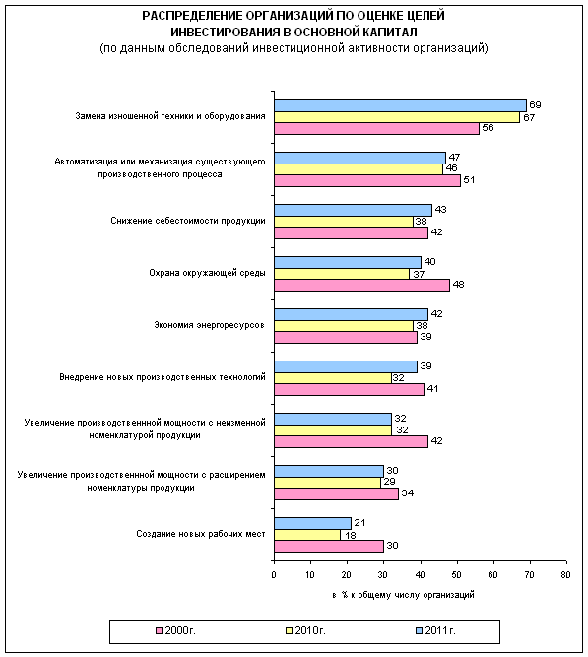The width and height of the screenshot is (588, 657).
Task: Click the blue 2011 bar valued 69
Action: [x=400, y=105]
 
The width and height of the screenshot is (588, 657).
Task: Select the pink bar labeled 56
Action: [x=377, y=129]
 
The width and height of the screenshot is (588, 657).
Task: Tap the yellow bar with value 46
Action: [x=359, y=169]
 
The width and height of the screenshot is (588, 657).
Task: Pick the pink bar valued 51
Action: [x=367, y=180]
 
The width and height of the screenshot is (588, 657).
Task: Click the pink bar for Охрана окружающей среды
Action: [x=362, y=285]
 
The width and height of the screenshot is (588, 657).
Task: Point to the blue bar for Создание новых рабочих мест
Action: [x=312, y=523]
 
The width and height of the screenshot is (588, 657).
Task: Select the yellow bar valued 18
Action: [x=307, y=535]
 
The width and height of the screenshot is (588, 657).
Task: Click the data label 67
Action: [x=529, y=117]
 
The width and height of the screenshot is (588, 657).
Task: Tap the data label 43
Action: [x=440, y=209]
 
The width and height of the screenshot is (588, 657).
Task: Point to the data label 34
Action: [x=408, y=493]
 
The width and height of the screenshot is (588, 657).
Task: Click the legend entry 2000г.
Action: [x=175, y=630]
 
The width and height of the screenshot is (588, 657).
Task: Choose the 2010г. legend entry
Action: [x=305, y=630]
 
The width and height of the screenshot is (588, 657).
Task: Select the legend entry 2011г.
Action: [x=435, y=630]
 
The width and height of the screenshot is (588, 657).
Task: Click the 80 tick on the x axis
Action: [x=565, y=575]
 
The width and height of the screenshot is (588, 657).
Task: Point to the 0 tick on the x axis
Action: [x=274, y=575]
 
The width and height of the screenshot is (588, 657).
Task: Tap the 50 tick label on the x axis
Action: [x=456, y=575]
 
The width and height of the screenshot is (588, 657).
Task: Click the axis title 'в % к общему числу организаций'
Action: [x=403, y=595]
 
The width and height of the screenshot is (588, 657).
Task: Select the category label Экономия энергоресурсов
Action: [x=209, y=325]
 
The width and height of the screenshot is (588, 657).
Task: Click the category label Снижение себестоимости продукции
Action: [x=188, y=221]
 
